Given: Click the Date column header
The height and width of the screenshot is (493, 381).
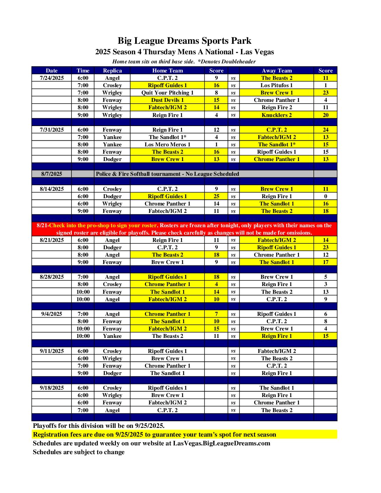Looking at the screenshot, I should pos(51,70).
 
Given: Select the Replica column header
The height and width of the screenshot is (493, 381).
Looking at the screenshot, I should pos(112,70).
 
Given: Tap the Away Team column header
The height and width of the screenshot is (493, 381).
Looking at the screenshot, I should pos(277,70).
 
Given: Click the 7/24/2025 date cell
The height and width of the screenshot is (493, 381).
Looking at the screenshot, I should pos(51,78).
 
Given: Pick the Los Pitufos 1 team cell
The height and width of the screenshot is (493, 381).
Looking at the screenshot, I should pos(277,85).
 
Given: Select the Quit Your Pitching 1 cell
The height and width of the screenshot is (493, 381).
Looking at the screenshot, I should pos(167,93).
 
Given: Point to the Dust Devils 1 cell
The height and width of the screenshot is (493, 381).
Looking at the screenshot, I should pos(167,100).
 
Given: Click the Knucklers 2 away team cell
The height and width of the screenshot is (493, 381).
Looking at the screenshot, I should pos(277,115).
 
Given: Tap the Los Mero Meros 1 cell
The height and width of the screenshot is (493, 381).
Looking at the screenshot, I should pos(167,145).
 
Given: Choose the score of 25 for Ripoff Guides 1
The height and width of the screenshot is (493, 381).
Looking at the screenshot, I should pos(216,196).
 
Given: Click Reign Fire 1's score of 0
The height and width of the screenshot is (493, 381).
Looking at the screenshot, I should pos(326,196).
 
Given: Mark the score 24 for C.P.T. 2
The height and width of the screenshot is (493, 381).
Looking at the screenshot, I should pos(326,130).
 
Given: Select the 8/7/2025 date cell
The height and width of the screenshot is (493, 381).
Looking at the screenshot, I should pos(51,174).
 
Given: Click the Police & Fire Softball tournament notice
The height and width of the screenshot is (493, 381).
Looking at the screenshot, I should pos(167,174).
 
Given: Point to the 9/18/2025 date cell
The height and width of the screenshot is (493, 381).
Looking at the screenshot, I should pos(51,388).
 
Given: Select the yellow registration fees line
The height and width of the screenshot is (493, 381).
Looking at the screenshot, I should pos(154,435).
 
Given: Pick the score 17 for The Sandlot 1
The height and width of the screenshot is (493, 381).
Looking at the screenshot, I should pos(326,262).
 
